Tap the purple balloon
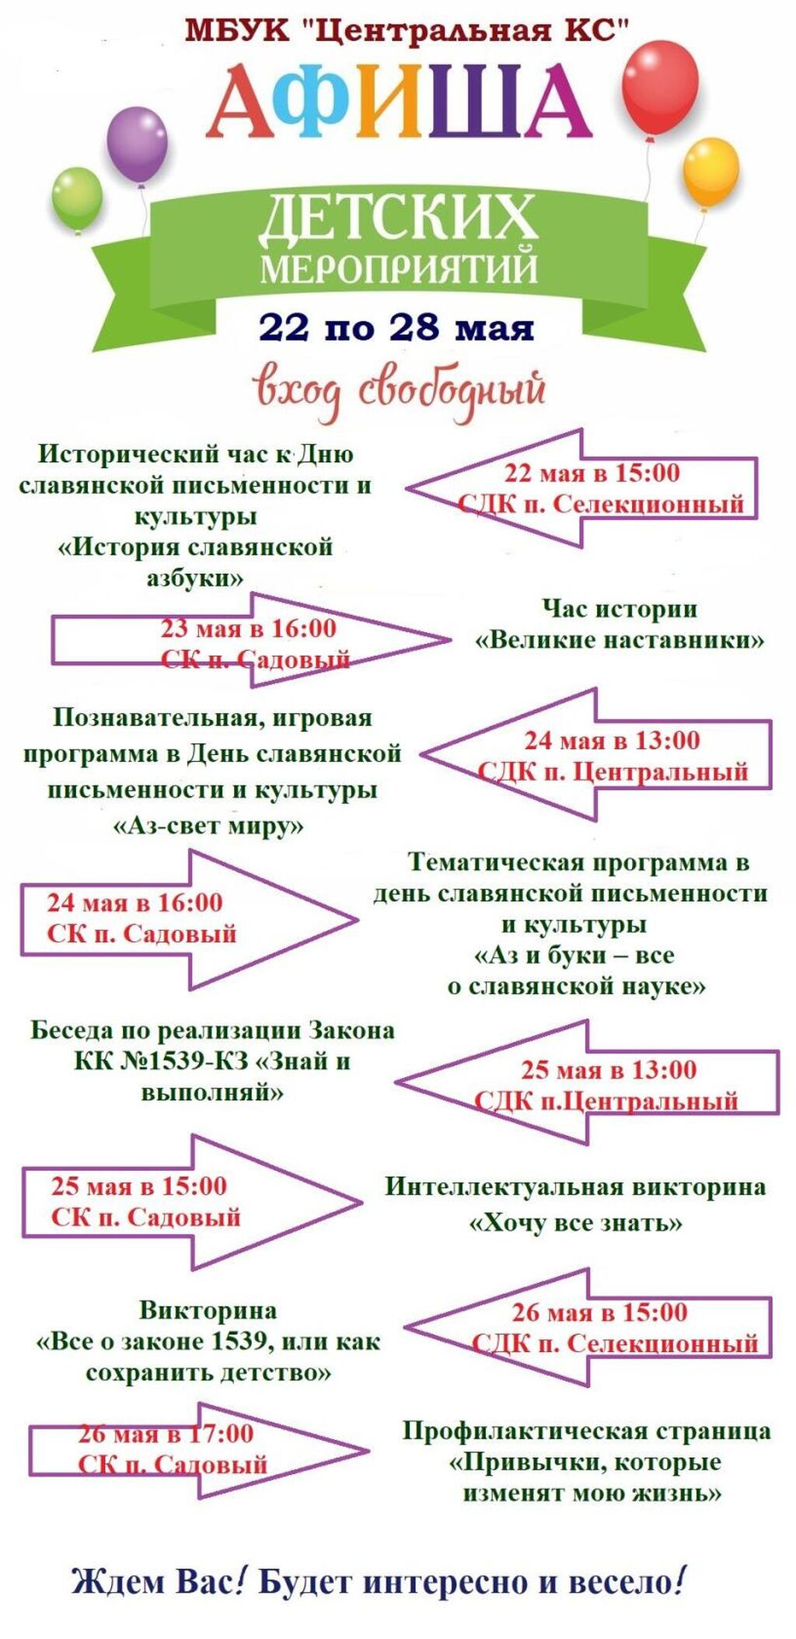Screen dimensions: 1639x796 137,145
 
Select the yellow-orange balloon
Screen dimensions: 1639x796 710,171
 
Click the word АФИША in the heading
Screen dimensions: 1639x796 397,103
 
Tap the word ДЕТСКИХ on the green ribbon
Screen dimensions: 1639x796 397,218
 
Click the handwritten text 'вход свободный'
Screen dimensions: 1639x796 399,390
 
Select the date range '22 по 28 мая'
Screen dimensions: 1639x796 396,327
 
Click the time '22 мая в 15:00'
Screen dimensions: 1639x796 592,473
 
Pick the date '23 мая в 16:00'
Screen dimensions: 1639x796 249,628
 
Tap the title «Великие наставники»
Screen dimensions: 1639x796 620,641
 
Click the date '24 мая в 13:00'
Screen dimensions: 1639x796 612,740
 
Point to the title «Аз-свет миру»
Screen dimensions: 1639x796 208,825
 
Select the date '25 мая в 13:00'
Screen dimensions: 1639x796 609,1070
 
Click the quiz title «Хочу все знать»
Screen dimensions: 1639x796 575,1223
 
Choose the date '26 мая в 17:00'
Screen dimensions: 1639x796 166,1433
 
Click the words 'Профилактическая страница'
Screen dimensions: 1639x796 586,1431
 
